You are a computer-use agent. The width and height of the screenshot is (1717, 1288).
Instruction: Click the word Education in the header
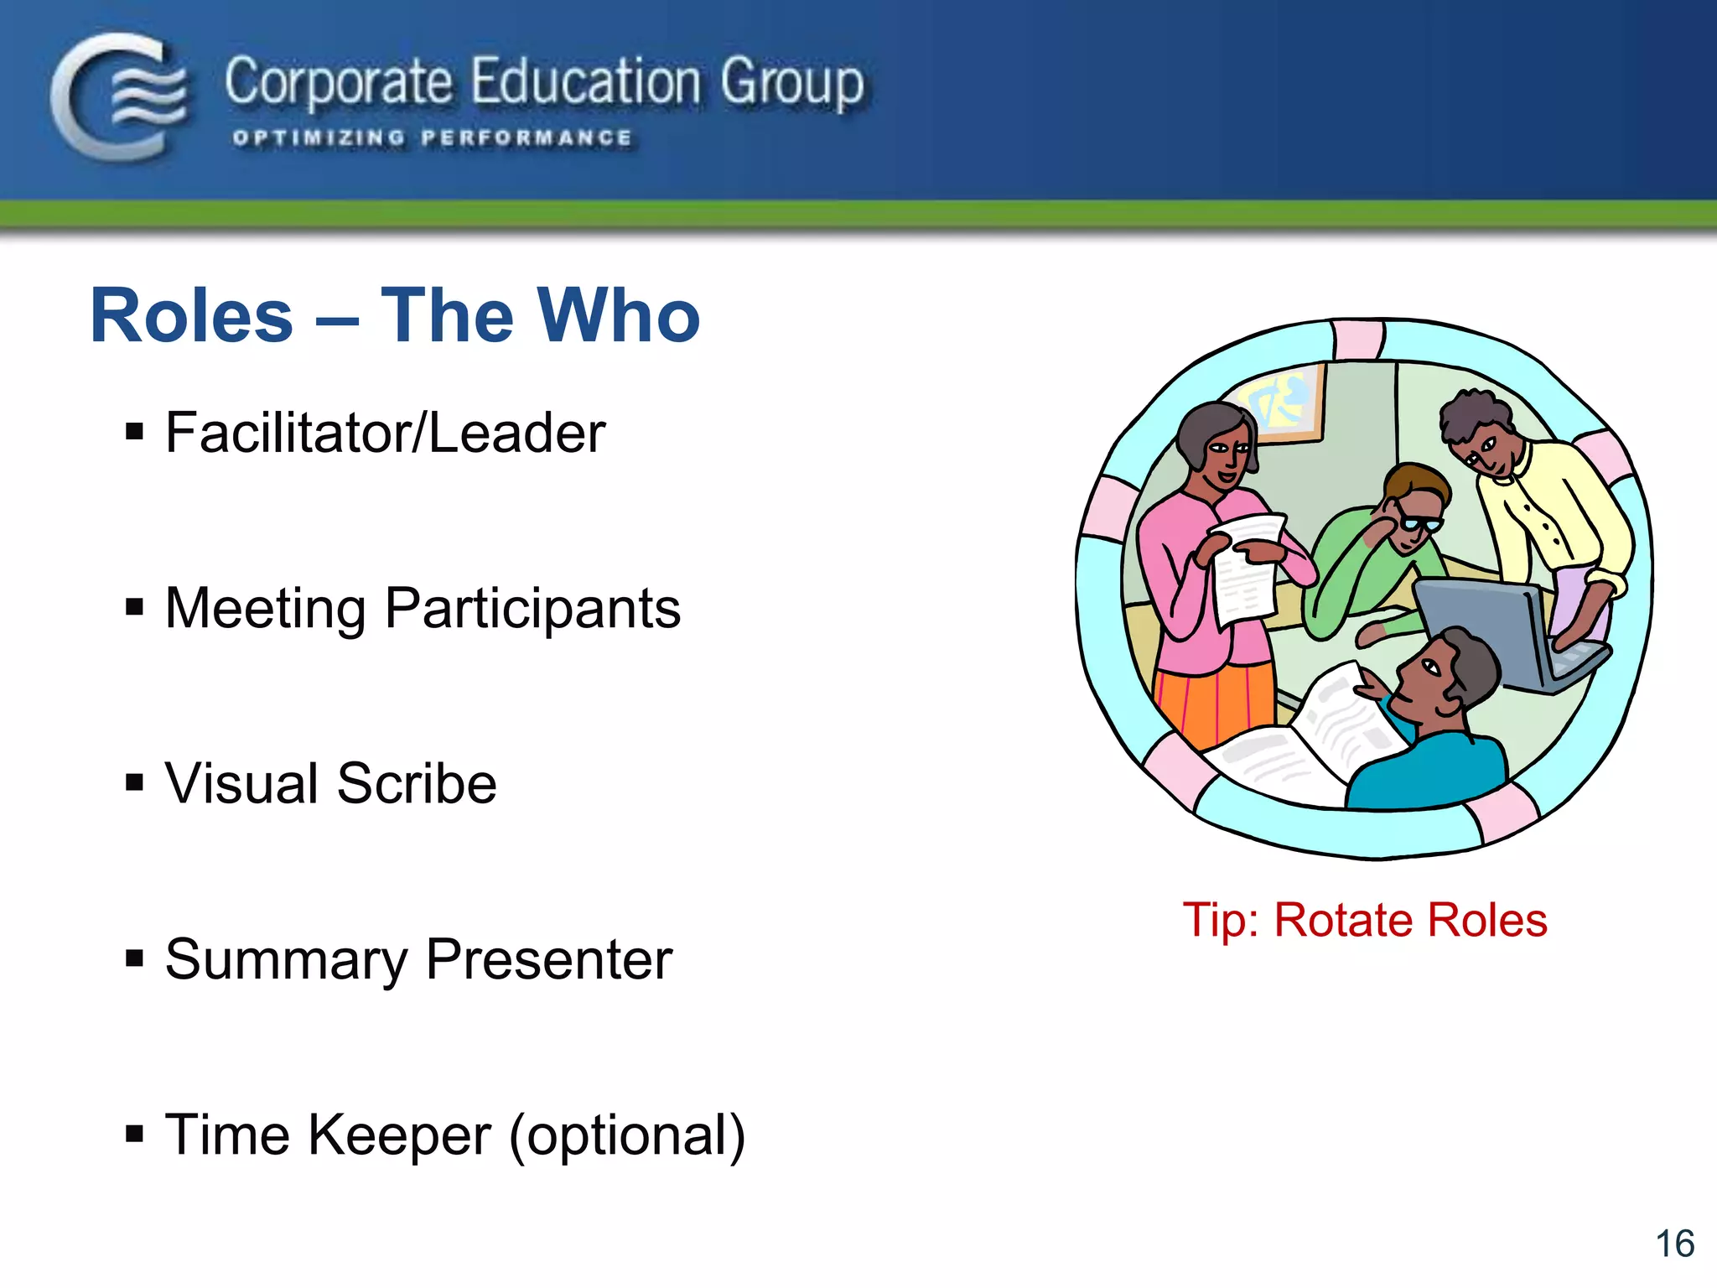584,83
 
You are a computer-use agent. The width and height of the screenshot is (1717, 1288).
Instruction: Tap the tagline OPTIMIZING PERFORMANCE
432,138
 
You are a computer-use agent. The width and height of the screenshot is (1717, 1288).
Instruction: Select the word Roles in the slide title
192,316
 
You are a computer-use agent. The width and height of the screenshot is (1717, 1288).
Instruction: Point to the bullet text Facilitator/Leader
385,434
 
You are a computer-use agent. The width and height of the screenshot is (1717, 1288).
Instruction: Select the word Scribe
417,783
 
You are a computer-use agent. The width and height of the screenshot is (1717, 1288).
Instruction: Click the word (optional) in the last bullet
627,1135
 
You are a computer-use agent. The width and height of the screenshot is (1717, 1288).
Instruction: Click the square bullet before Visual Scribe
134,782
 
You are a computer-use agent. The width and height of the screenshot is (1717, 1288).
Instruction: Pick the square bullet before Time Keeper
134,1134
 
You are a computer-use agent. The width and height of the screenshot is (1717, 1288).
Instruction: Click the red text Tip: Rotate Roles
1364,920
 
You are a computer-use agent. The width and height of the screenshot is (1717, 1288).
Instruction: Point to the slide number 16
1674,1244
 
